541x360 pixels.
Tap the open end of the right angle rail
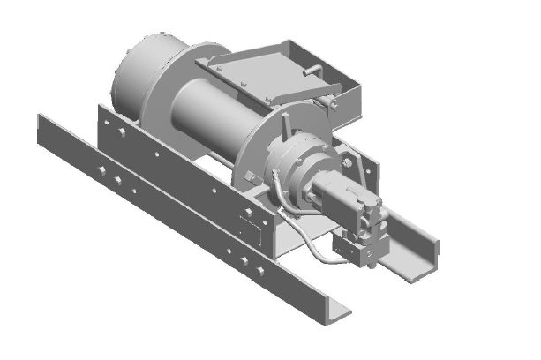432,247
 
